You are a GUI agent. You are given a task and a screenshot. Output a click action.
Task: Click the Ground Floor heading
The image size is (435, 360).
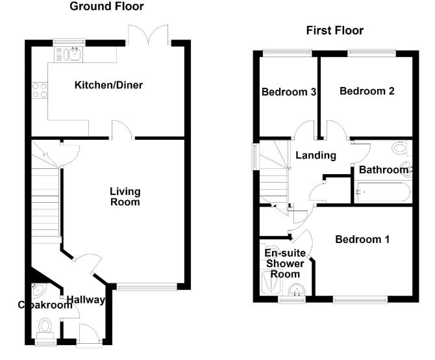point(106,6)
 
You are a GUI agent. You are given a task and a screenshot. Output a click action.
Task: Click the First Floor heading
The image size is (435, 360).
point(334,31)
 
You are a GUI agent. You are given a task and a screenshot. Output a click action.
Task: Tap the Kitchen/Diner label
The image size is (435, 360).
point(108,85)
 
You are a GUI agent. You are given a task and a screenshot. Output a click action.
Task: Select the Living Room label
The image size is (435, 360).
point(125,196)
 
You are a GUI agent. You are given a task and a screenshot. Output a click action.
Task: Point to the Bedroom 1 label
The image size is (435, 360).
point(362,240)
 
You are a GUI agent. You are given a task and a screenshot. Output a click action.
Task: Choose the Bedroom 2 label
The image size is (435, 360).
point(367,91)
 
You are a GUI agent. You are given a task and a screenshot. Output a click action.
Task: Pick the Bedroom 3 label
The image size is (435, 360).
point(288,92)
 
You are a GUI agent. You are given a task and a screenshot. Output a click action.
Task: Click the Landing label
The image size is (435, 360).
point(316,155)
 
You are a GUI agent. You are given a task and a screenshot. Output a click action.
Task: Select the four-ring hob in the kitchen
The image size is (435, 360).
point(39,90)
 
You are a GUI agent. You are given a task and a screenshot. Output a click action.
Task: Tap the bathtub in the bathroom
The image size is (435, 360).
point(381,192)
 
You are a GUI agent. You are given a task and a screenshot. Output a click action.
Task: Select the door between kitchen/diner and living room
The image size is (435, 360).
point(122,132)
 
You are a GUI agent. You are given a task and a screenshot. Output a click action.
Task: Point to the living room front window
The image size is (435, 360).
point(146,286)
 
